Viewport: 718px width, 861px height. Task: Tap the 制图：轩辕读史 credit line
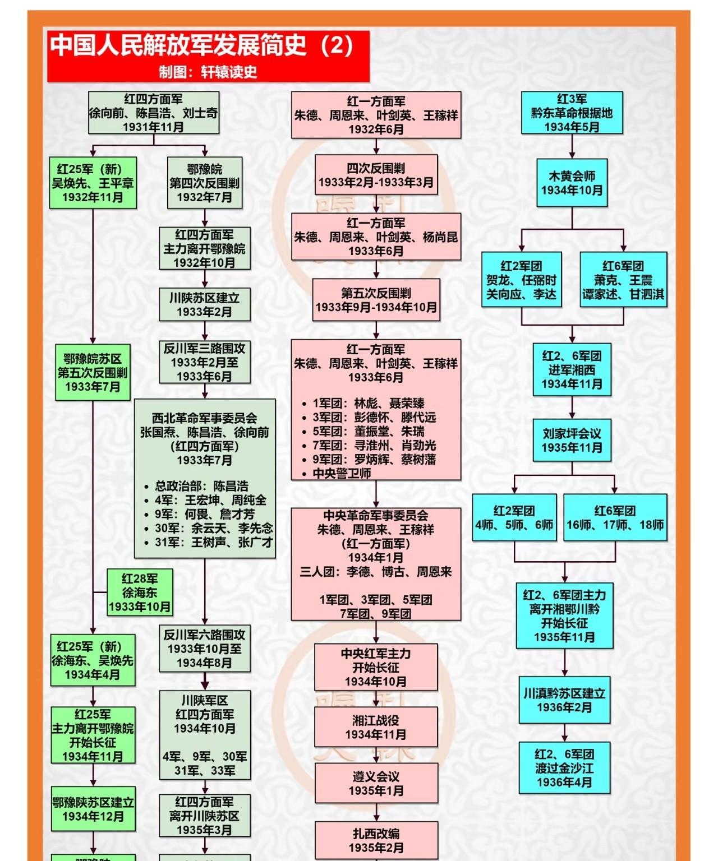[208, 72]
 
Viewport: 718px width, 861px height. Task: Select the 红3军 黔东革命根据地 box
[572, 113]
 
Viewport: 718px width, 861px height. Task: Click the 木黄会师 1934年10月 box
[572, 183]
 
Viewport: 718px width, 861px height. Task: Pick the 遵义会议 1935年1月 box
[376, 783]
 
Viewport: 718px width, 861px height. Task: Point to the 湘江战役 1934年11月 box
[376, 727]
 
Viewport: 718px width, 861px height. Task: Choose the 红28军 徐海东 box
[140, 592]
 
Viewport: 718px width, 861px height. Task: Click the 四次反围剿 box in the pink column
[376, 175]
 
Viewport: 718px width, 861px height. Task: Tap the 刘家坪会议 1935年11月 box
[572, 440]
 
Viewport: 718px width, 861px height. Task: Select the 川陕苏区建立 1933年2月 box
[204, 304]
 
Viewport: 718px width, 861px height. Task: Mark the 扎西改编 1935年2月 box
[376, 840]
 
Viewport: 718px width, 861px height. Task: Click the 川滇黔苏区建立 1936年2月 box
[564, 700]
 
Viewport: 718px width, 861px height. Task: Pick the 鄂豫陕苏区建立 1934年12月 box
[93, 809]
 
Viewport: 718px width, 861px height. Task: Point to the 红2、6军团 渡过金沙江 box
[564, 768]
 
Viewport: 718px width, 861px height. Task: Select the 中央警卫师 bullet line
[342, 473]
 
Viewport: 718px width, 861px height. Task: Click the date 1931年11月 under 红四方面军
[153, 127]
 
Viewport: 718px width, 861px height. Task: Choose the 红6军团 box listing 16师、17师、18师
[615, 517]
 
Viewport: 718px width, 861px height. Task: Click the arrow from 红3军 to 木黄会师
[572, 147]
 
